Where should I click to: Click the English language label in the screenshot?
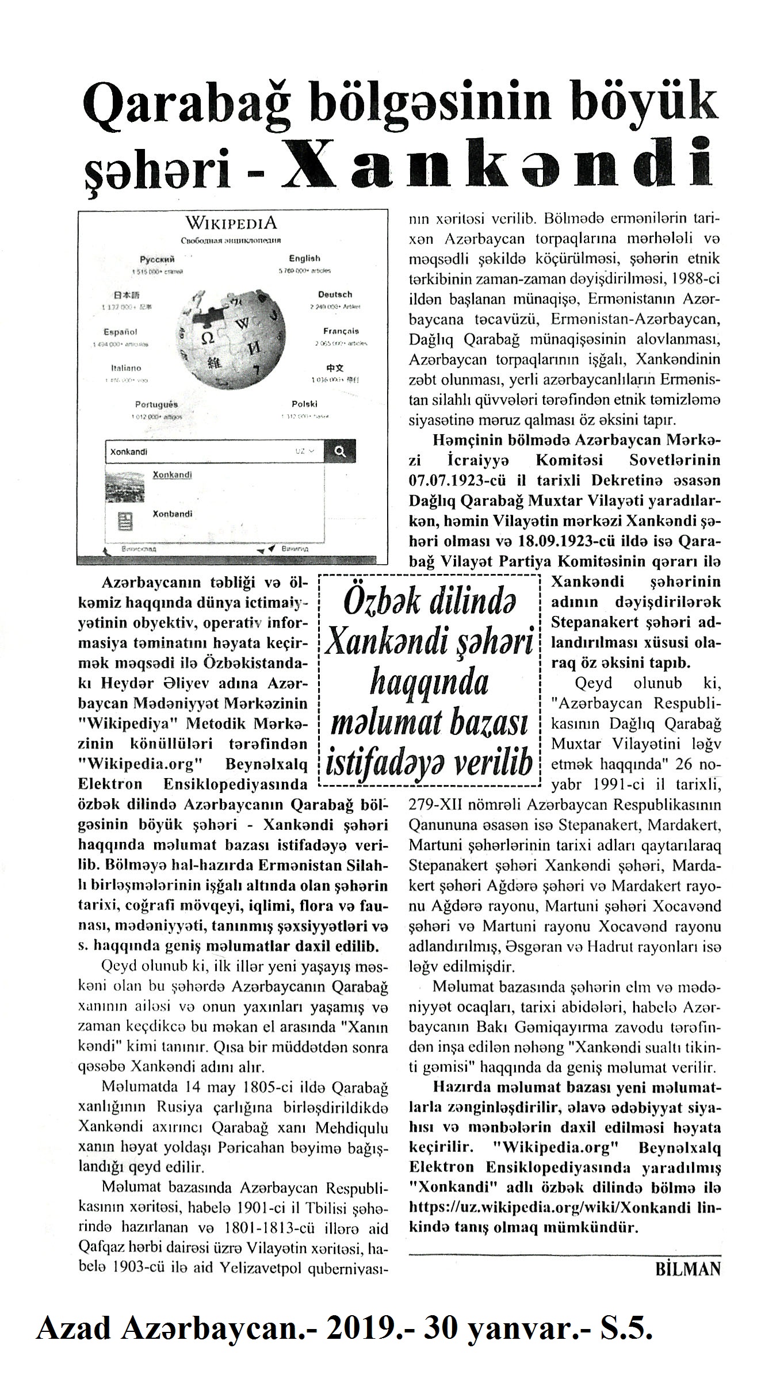(x=304, y=259)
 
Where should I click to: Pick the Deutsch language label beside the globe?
(x=335, y=294)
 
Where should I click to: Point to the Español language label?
(x=120, y=332)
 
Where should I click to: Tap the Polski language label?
(x=304, y=404)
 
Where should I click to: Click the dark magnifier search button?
(x=339, y=452)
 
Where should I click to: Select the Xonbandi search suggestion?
(x=172, y=514)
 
